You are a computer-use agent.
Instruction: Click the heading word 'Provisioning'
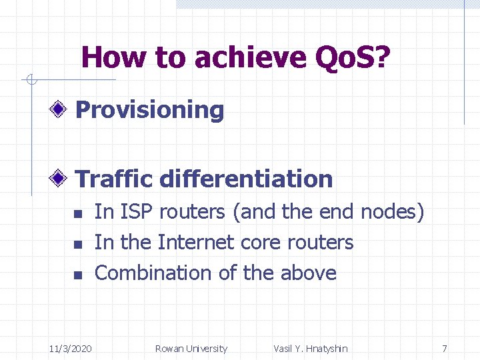(150, 110)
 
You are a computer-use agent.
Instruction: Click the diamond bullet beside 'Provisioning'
(60, 109)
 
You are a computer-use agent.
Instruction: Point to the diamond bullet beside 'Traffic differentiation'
(60, 178)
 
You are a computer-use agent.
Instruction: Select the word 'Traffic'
(115, 179)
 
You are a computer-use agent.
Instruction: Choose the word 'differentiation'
(246, 179)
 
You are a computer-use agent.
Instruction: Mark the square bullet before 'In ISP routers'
(77, 214)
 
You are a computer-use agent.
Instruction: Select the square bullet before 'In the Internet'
(77, 245)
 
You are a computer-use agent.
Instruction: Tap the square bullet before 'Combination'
(77, 275)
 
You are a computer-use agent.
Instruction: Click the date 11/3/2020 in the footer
(71, 349)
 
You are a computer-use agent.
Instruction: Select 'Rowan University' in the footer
(191, 349)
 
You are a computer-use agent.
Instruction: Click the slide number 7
(445, 349)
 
